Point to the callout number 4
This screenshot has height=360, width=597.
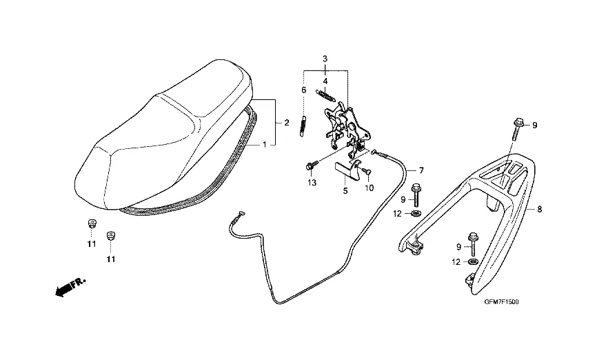pyautogui.click(x=325, y=81)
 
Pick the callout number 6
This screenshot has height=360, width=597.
pyautogui.click(x=303, y=90)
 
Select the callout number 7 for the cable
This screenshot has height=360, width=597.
pyautogui.click(x=421, y=170)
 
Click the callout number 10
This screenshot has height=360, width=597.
pyautogui.click(x=370, y=188)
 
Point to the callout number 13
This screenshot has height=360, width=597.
pyautogui.click(x=312, y=182)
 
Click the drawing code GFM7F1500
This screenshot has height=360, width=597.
pyautogui.click(x=501, y=302)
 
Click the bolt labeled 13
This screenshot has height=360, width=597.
pyautogui.click(x=311, y=166)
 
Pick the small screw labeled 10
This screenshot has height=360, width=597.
pyautogui.click(x=365, y=170)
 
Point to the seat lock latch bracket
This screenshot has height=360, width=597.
pyautogui.click(x=343, y=123)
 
